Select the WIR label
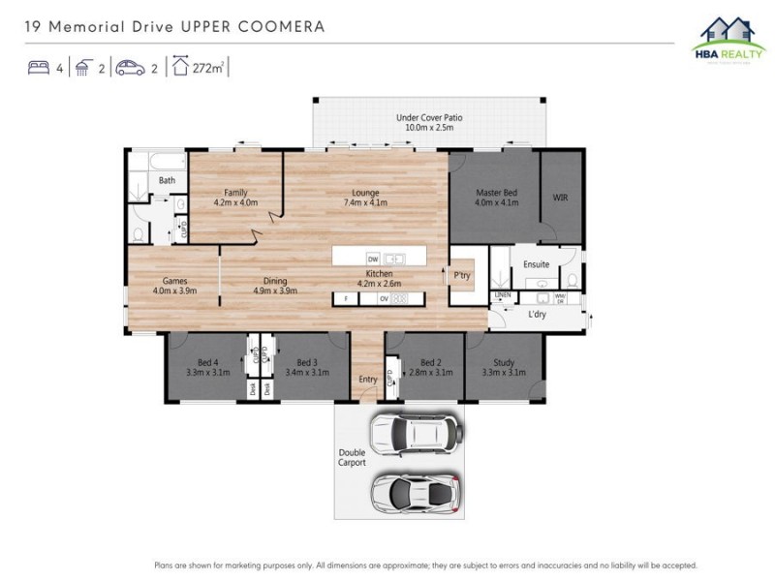click(x=561, y=198)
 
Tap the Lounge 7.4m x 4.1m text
click(x=365, y=198)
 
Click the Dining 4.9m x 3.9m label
click(x=275, y=286)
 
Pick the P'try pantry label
click(x=462, y=275)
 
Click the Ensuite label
click(x=536, y=264)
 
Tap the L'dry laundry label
click(x=537, y=315)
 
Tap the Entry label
click(x=368, y=380)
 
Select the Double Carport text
click(x=353, y=458)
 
